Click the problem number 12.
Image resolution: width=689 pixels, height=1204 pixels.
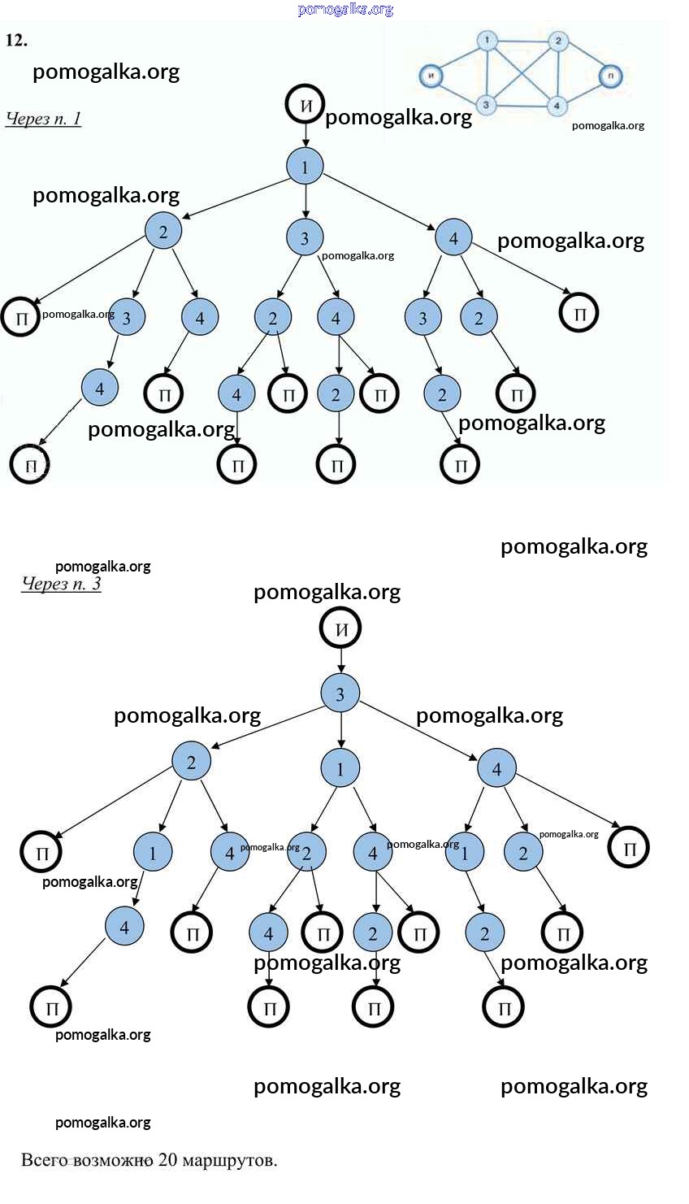16,40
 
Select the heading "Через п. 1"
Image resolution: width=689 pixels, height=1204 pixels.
44,119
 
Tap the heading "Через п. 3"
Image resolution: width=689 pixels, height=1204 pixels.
61,584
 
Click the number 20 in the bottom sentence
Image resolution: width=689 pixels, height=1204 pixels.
167,1160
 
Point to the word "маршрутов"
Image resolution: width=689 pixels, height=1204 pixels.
230,1160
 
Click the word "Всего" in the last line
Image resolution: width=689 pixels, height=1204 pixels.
45,1160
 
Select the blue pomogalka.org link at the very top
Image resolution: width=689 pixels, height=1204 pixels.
345,10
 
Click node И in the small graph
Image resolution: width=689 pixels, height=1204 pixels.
431,76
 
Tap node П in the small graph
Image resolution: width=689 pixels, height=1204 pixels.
610,76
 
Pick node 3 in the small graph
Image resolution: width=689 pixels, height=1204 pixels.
486,104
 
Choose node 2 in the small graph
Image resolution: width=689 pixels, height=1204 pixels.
557,41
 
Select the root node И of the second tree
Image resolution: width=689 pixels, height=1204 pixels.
340,628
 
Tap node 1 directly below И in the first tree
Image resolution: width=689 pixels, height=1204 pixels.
305,167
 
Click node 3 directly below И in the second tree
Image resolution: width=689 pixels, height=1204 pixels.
340,694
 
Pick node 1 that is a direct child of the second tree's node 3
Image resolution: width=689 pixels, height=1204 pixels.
340,768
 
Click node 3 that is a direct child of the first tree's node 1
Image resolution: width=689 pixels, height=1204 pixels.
305,238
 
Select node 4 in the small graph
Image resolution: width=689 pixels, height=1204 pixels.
557,106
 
